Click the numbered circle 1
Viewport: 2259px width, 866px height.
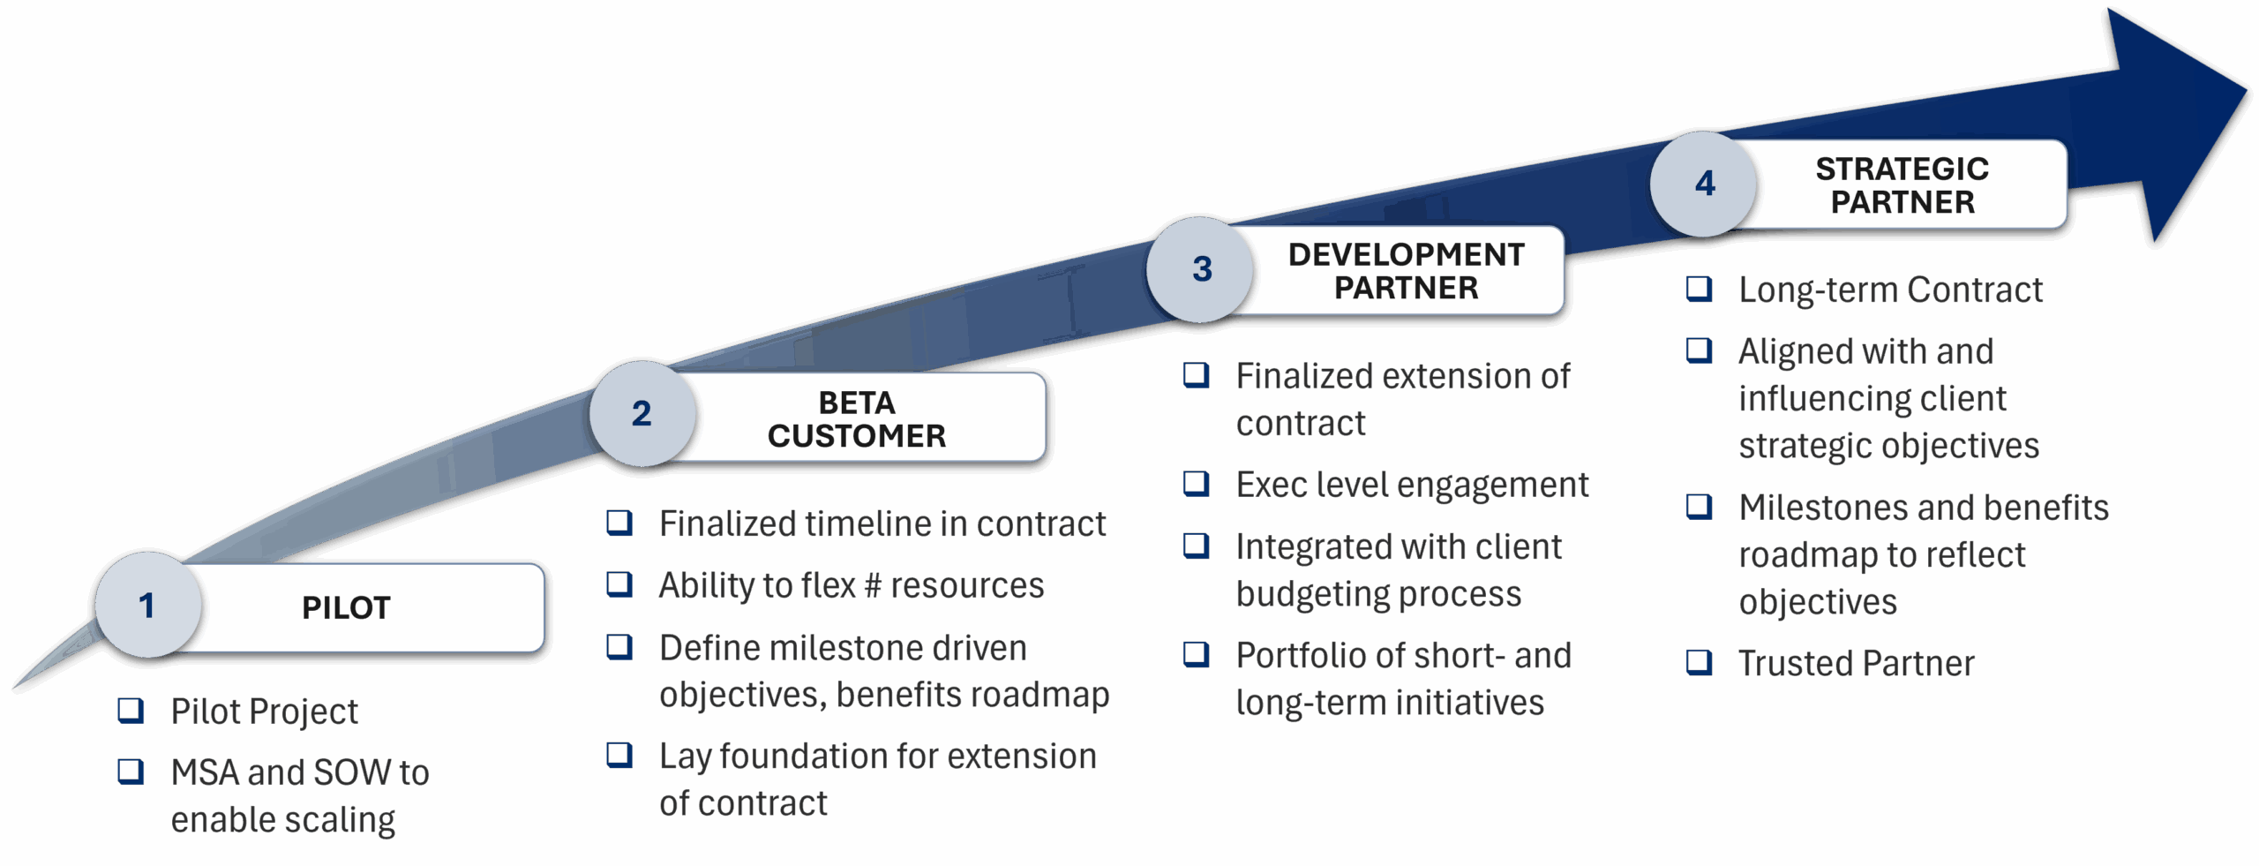tap(147, 606)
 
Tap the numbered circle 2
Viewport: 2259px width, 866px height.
tap(642, 413)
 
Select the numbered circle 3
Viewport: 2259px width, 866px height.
tap(1201, 269)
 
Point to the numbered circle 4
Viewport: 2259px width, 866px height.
tap(1704, 184)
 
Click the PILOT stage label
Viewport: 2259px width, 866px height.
tap(346, 608)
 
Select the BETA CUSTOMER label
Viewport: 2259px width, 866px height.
tap(856, 419)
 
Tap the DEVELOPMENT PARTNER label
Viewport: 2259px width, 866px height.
tap(1406, 271)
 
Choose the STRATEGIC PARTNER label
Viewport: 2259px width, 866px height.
tap(1902, 185)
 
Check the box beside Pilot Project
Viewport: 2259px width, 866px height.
tap(131, 711)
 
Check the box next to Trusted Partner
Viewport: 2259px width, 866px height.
tap(1699, 662)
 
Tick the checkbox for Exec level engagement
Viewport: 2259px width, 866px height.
tap(1196, 484)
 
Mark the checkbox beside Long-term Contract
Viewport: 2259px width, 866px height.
tap(1699, 290)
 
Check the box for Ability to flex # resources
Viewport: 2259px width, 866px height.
tap(619, 584)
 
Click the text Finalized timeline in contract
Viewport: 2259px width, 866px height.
tap(882, 524)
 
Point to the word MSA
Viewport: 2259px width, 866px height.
tap(205, 773)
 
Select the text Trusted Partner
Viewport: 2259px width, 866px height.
tap(1856, 664)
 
